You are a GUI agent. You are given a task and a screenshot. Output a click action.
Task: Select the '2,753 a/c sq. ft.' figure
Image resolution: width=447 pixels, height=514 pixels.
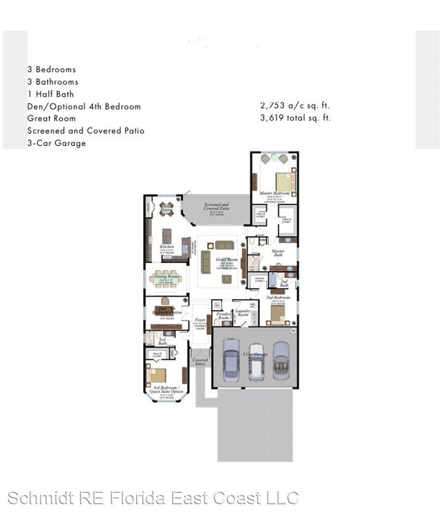tap(295, 106)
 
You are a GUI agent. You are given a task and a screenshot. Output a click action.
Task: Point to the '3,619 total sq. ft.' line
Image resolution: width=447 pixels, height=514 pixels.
tap(295, 118)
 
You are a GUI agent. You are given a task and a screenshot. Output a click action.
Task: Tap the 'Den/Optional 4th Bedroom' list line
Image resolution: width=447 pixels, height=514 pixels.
tap(84, 106)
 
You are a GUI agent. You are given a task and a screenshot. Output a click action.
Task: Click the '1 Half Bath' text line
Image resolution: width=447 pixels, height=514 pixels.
tap(51, 94)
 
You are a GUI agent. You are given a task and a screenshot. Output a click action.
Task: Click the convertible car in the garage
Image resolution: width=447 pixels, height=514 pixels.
tap(282, 359)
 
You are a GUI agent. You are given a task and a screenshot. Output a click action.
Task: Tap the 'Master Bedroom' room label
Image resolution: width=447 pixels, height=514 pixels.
tap(274, 194)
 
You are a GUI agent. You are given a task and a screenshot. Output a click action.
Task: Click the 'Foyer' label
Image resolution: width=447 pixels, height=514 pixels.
tap(200, 321)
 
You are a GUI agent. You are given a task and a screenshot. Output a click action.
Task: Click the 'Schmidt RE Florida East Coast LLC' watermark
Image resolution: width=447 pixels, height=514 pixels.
tap(153, 497)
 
